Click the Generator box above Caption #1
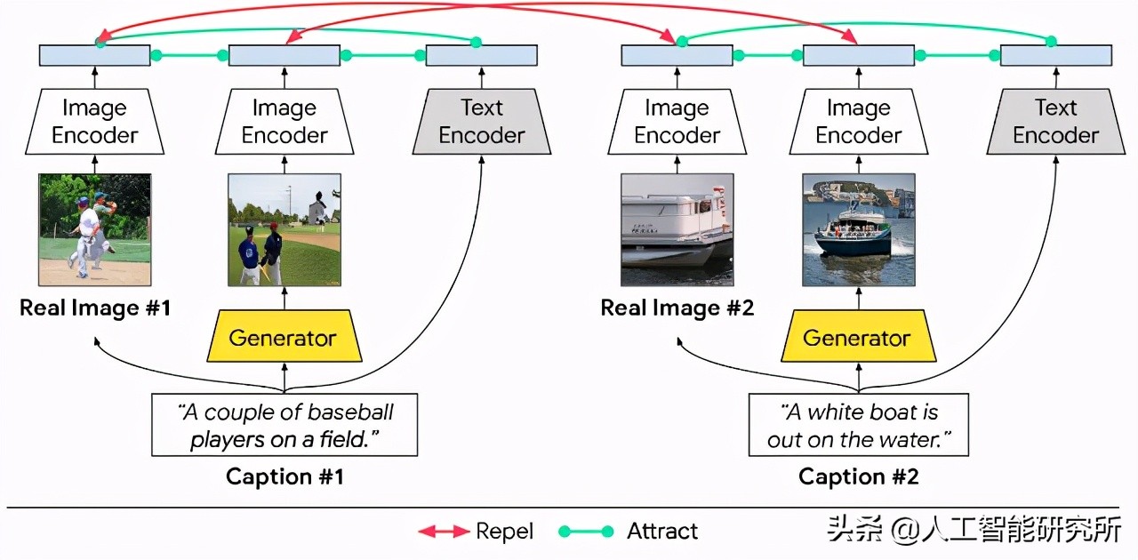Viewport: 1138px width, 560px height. pos(284,338)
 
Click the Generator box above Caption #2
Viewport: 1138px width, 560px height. pos(857,338)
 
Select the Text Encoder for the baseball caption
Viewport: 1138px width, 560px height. pos(481,122)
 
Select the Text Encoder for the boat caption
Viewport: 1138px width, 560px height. pos(1055,122)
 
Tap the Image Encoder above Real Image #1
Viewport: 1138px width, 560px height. pos(94,122)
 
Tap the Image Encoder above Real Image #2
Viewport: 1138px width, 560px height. pos(677,122)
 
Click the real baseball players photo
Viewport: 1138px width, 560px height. pos(94,229)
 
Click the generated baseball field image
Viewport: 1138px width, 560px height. pos(284,229)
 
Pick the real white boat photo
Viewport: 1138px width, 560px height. pos(677,229)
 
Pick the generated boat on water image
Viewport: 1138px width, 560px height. pos(858,229)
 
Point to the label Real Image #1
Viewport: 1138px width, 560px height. pos(94,308)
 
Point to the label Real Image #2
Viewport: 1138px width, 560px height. pos(677,308)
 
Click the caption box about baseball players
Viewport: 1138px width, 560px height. pos(284,425)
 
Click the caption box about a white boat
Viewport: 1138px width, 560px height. pos(858,425)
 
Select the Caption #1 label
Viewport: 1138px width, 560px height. pos(284,476)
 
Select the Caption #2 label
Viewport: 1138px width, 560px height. pos(858,476)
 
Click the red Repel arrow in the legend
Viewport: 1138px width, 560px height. pos(443,532)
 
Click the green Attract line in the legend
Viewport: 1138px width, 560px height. pos(585,532)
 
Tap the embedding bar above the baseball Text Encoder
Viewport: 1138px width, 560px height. pos(481,55)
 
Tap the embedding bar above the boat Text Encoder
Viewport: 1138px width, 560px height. pos(1055,55)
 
